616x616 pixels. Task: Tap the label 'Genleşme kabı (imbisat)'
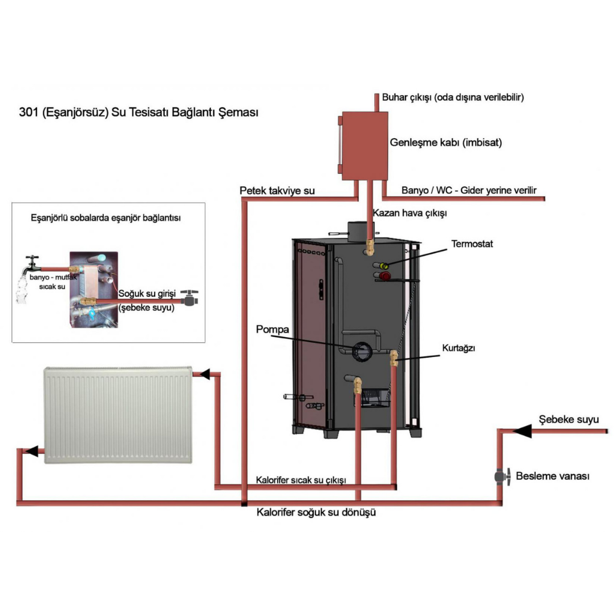pos(445,143)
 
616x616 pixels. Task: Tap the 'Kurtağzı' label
pos(459,347)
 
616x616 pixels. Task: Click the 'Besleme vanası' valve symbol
pos(501,476)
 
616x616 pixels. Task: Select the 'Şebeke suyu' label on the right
pos(569,420)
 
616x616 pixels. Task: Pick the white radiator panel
pos(118,415)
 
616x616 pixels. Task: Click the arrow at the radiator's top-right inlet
pos(204,374)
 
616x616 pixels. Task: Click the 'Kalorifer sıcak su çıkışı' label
pos(301,480)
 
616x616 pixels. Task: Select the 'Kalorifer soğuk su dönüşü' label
pos(317,512)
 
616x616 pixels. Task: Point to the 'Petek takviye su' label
pos(277,191)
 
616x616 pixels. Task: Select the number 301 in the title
pos(29,112)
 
